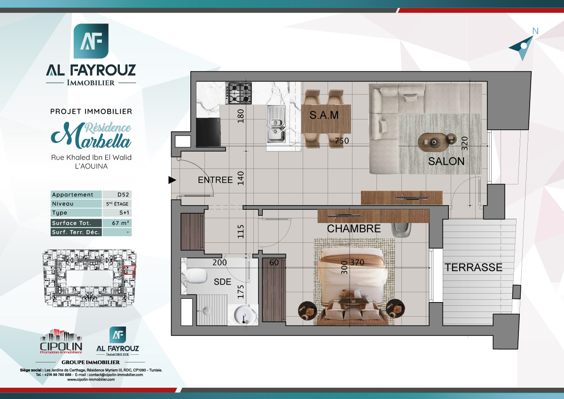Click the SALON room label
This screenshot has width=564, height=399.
tap(446, 161)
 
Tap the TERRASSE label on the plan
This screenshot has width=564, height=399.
tap(473, 268)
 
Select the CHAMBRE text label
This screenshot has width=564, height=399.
tap(353, 229)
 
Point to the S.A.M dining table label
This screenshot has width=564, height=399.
tap(324, 115)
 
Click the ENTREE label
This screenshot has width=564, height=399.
tap(215, 180)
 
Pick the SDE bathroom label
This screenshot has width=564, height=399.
tap(222, 282)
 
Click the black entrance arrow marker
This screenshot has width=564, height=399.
tap(172, 180)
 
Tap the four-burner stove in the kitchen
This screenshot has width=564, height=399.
tap(239, 93)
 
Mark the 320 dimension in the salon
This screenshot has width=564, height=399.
tap(465, 143)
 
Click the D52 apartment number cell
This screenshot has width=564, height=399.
tap(117, 195)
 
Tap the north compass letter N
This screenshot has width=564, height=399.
tap(535, 31)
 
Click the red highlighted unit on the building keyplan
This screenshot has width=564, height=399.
tap(129, 270)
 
